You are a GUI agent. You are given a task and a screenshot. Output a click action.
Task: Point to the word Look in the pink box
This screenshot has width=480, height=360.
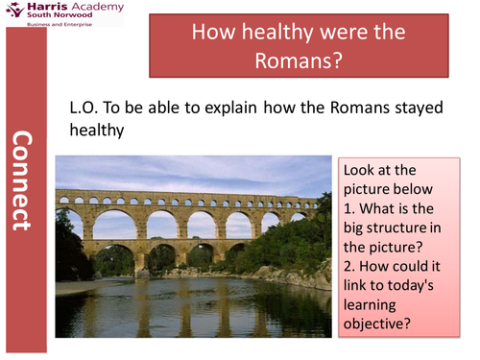[362, 170]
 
